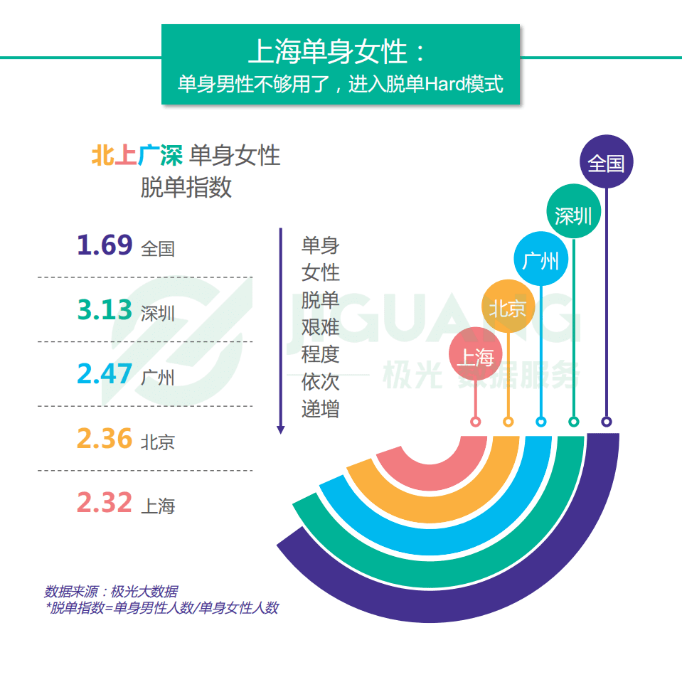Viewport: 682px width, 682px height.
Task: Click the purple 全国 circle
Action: tap(606, 162)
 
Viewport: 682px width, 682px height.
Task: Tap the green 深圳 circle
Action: tap(573, 215)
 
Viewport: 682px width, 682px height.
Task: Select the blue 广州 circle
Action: tap(540, 260)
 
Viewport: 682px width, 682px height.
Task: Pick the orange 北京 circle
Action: tap(508, 307)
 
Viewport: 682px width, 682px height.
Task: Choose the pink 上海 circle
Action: tap(475, 355)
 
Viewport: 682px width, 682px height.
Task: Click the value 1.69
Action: tap(105, 245)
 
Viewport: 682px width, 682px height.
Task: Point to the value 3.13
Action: tap(105, 310)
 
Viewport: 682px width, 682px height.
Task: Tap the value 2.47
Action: tap(105, 374)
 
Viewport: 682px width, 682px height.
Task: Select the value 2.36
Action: tap(105, 439)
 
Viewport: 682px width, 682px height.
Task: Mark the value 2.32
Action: tap(105, 503)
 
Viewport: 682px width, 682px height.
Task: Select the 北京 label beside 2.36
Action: tap(158, 442)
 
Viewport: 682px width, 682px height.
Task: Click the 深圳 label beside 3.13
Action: tap(158, 313)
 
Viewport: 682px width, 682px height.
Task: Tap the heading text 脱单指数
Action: tap(186, 186)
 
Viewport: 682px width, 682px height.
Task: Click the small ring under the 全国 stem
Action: tap(606, 422)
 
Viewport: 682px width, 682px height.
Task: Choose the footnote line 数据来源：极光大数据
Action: tap(112, 591)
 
